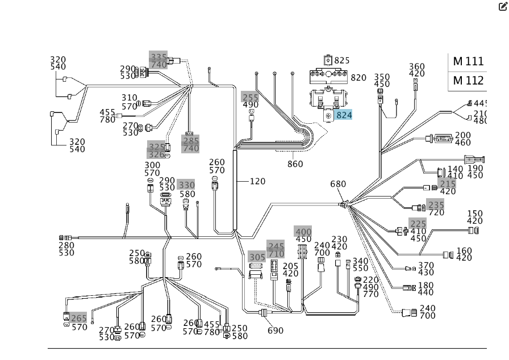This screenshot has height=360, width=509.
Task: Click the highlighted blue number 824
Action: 344,115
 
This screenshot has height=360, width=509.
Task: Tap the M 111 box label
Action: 468,61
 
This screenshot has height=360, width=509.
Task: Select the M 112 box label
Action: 468,81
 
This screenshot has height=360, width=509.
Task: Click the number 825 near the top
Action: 342,60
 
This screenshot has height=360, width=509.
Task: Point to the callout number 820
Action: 358,78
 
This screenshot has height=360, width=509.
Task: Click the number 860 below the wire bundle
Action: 295,164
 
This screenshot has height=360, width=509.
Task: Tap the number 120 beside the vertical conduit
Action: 258,181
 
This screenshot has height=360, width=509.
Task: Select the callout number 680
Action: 338,184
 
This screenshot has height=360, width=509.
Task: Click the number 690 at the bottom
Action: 276,330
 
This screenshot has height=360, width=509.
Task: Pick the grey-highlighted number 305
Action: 257,257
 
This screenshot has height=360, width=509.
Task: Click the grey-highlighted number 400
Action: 303,232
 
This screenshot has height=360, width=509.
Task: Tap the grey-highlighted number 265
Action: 79,319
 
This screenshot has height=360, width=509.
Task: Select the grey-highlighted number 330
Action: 186,185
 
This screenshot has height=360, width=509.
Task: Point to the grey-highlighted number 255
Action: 250,98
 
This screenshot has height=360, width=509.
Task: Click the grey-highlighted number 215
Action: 448,184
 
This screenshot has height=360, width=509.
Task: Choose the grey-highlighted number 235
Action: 436,205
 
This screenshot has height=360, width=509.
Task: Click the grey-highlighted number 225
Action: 418,224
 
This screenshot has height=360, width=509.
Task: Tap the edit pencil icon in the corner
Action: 502,6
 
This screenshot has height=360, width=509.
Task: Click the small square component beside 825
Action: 328,60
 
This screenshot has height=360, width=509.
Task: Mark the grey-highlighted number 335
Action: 158,57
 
